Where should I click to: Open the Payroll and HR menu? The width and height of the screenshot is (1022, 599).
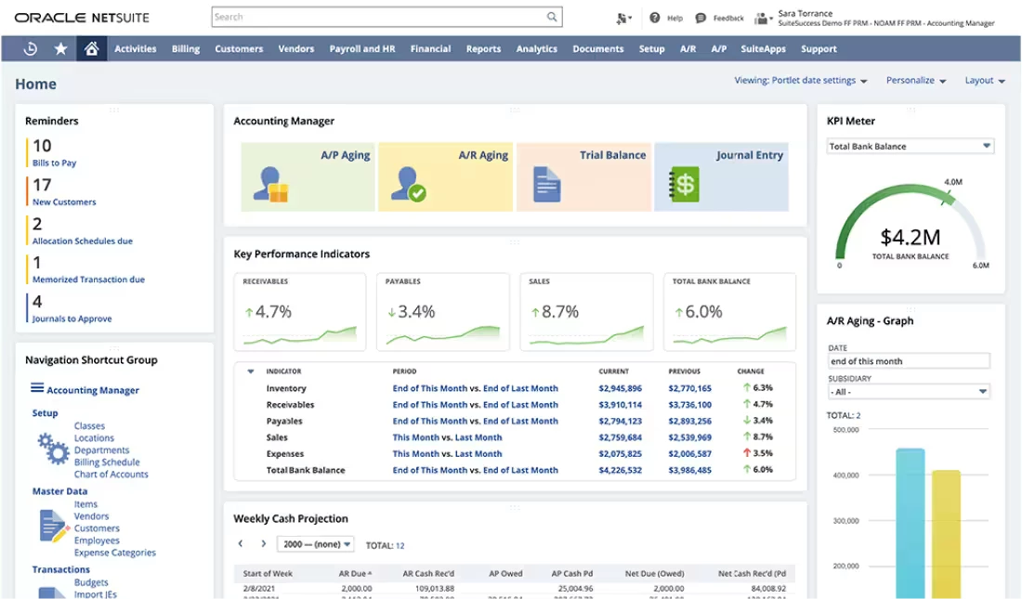pos(363,49)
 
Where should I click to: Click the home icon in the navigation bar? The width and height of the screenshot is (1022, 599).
pos(91,49)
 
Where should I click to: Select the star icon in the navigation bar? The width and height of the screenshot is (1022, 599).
pos(60,49)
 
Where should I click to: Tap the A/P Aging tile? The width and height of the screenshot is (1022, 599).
pos(308,176)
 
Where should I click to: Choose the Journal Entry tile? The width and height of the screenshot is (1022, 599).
pos(721,176)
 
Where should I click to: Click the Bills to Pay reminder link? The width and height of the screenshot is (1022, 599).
pos(55,163)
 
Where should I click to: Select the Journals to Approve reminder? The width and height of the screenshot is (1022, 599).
pos(72,319)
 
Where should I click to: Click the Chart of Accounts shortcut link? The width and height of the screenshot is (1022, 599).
pos(111,475)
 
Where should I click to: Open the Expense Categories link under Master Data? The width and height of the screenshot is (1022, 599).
pos(114,553)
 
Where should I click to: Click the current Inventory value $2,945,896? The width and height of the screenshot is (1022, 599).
pos(620,389)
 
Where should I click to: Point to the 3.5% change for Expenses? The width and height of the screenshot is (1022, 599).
pos(762,454)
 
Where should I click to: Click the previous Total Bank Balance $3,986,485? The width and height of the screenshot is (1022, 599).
pos(689,471)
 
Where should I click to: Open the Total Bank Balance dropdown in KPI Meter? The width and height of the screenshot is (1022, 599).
pos(910,147)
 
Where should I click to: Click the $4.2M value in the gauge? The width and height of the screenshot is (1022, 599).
pos(910,237)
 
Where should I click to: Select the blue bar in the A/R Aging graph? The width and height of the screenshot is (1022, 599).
pos(910,520)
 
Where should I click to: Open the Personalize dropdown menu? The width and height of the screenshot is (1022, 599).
pos(915,81)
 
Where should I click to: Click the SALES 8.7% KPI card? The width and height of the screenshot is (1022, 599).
pos(585,311)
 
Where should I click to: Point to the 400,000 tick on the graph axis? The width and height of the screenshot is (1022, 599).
pos(845,475)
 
